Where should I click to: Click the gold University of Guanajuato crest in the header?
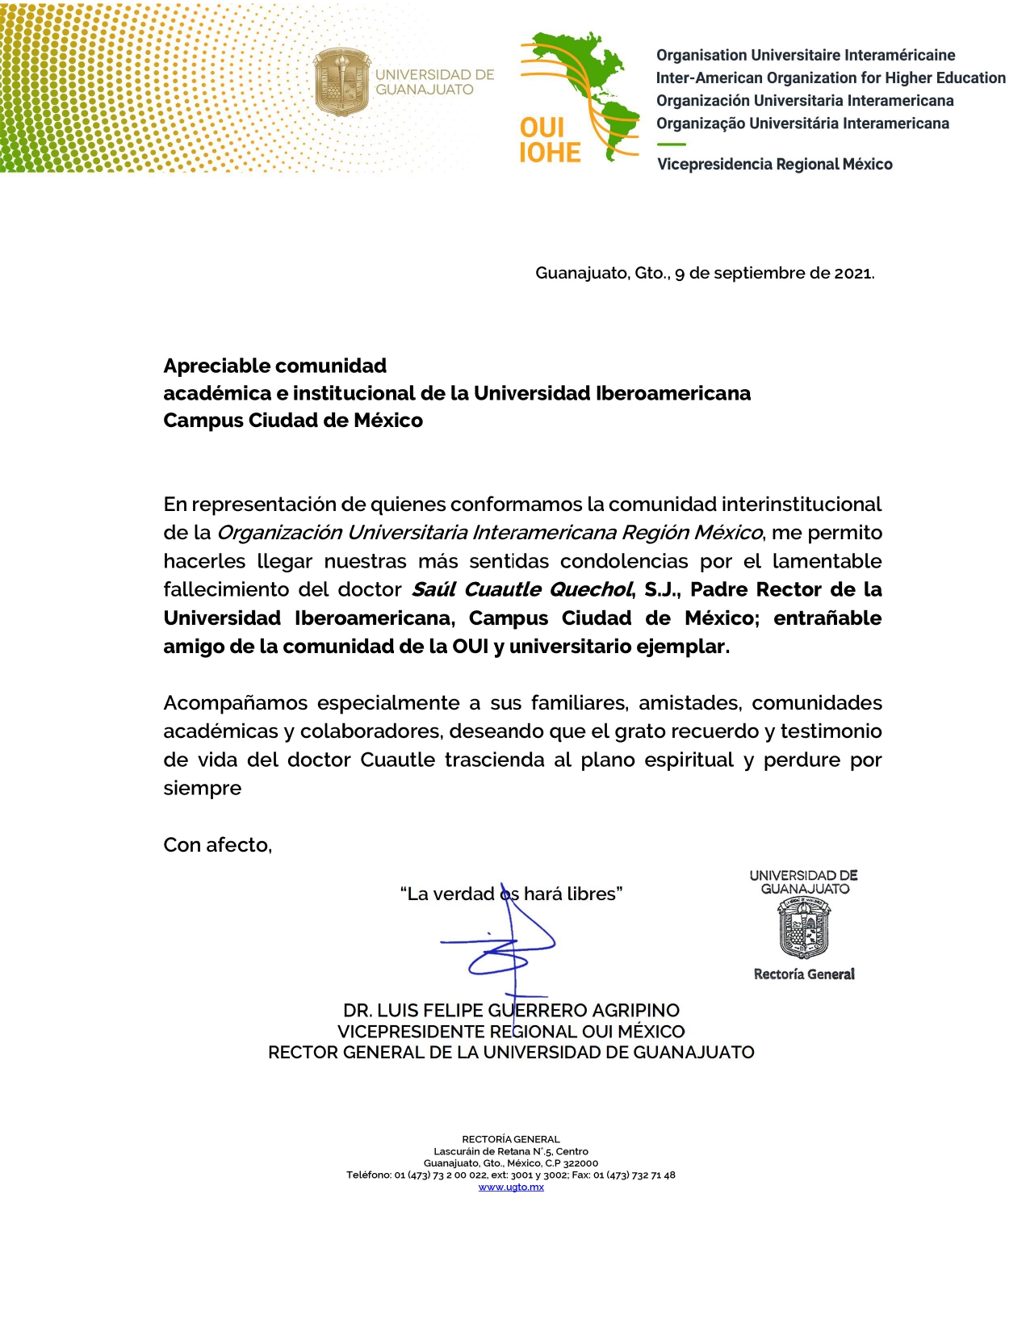[x=342, y=82]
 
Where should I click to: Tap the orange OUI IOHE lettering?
[x=549, y=140]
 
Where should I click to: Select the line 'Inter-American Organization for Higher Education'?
[x=830, y=78]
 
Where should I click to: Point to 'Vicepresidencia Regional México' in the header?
[x=774, y=165]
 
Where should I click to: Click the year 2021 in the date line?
[x=852, y=274]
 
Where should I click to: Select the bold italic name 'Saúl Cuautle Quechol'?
[x=521, y=590]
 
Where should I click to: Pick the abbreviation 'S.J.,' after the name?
[x=662, y=590]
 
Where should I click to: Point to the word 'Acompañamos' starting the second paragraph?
[x=235, y=703]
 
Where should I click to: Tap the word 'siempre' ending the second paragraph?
[x=202, y=789]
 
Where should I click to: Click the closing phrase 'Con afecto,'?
[x=217, y=845]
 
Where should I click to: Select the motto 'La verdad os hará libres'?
[x=511, y=894]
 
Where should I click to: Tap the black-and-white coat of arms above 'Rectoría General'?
[x=804, y=929]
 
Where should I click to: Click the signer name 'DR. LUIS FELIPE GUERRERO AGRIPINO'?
[x=511, y=1011]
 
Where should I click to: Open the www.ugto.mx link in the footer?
[x=511, y=1187]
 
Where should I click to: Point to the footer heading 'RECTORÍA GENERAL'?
[x=511, y=1140]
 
